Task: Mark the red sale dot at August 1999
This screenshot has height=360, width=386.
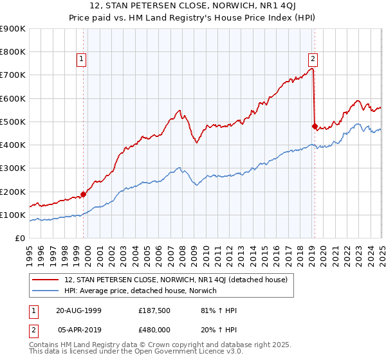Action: click(x=84, y=194)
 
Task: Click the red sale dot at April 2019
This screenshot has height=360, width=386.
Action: click(x=315, y=127)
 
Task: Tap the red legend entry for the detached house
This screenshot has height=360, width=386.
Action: click(x=179, y=280)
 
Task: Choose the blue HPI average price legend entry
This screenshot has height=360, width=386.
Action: click(x=140, y=291)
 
